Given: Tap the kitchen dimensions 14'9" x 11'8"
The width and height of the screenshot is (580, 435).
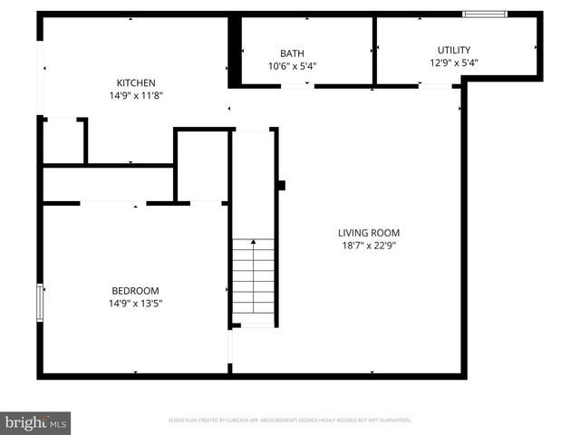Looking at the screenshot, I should click(135, 94).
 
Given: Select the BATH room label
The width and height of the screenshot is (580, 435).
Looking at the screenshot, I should click(292, 53).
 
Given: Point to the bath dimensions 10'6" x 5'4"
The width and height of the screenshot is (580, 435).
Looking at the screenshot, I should click(292, 65).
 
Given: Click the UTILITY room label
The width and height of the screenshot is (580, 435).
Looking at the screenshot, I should click(453, 50).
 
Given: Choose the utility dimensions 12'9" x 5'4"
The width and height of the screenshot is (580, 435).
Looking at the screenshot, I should click(453, 63).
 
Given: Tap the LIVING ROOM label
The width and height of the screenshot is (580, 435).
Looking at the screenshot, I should click(369, 232).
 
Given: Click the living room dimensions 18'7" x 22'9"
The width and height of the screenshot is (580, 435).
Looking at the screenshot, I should click(369, 245).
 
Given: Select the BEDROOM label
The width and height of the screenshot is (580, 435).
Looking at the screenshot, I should click(135, 290).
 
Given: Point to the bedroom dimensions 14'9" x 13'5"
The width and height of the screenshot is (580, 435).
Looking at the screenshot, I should click(135, 303).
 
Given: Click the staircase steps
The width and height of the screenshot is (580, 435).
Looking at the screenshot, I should click(254, 281).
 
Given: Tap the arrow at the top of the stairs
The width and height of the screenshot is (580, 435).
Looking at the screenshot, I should click(254, 243).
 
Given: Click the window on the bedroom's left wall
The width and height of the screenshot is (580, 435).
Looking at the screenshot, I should click(39, 302).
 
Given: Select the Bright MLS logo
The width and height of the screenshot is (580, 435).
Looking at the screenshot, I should click(36, 422).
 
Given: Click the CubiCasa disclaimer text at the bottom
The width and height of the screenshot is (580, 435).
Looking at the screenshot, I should click(290, 420).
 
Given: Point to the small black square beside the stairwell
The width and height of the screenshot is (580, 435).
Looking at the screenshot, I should click(281, 186).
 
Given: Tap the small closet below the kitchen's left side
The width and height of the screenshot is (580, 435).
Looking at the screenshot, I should click(63, 141).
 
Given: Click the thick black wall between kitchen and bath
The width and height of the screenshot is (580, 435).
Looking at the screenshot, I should click(234, 53).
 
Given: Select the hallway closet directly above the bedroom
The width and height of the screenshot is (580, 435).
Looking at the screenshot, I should click(107, 184).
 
